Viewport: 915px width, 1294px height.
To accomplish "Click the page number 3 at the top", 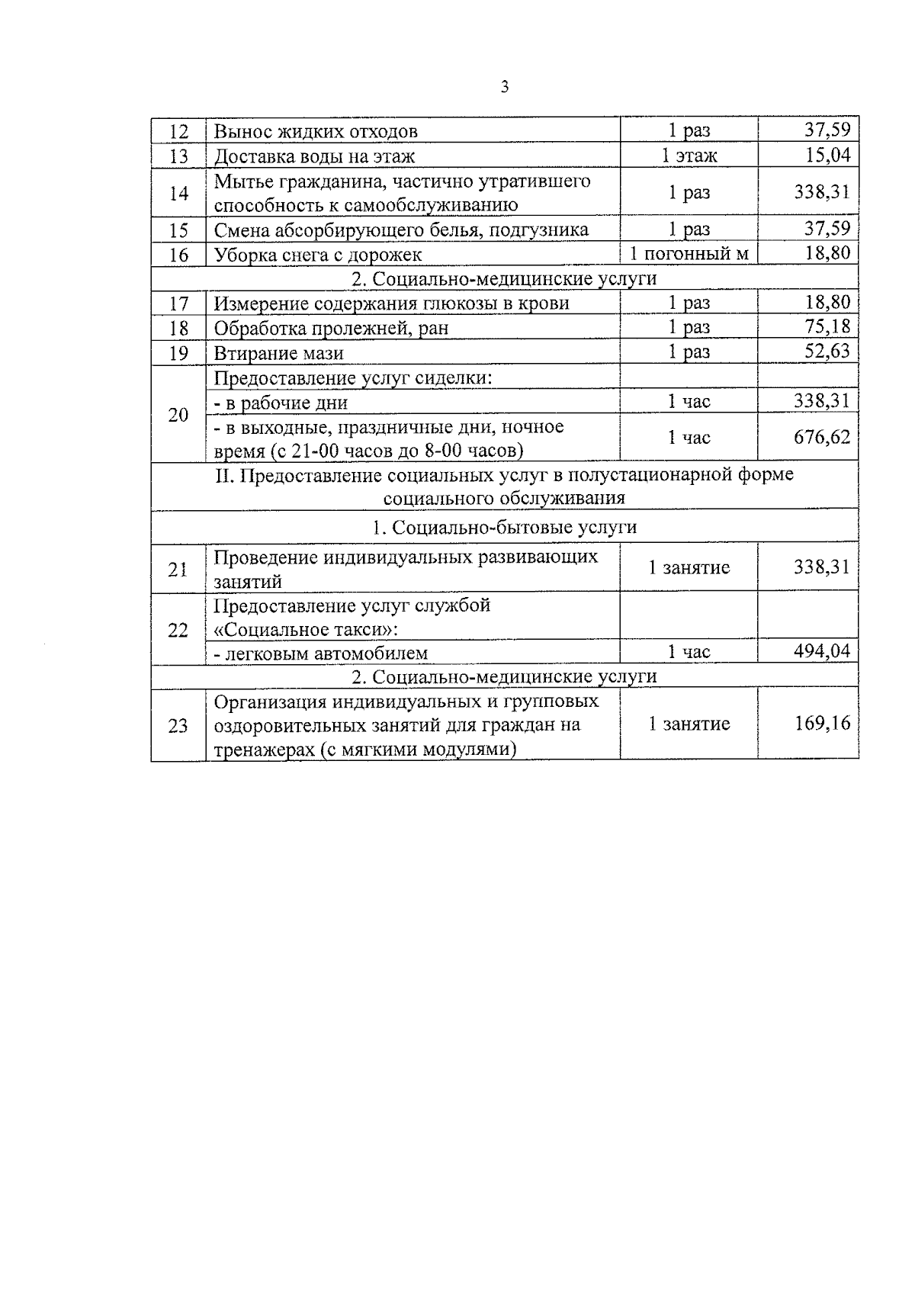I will pos(504,87).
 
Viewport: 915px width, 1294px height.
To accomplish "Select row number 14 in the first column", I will pos(178,193).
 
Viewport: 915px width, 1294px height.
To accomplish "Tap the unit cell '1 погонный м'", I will pos(689,253).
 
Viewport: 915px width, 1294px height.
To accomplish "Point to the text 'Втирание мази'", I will pos(278,353).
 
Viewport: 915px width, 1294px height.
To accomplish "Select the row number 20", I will pos(178,415).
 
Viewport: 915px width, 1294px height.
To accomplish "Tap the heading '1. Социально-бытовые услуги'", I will pos(505,528).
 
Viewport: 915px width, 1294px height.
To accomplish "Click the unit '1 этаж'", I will pos(689,156).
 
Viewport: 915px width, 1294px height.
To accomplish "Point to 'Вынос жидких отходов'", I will pos(315,131).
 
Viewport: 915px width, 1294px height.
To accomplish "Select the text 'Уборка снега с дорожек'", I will pos(317,255).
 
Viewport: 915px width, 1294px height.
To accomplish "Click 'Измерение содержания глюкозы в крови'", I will pos(391,303).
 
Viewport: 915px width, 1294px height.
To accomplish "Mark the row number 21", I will pos(178,568).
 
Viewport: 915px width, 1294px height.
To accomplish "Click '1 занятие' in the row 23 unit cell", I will pos(689,723).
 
